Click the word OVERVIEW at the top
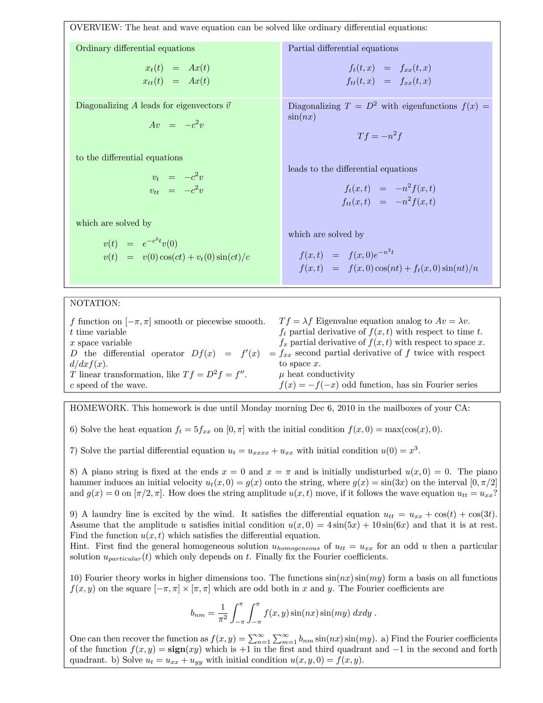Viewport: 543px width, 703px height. click(x=95, y=28)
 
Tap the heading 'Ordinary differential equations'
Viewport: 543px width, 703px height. click(x=135, y=48)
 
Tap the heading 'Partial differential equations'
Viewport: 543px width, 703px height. click(x=343, y=48)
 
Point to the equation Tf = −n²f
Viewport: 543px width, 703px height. click(x=379, y=136)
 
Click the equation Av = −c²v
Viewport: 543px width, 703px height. click(x=176, y=125)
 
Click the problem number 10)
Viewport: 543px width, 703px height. click(x=76, y=578)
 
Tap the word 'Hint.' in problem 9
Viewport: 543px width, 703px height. click(x=79, y=547)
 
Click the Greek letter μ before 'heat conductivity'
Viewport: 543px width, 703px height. click(x=282, y=375)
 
